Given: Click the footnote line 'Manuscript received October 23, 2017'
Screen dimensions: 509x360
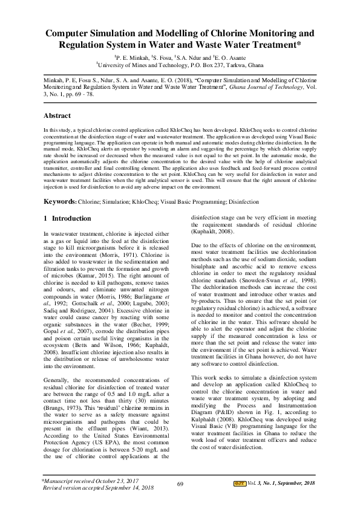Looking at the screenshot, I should (x=87, y=480).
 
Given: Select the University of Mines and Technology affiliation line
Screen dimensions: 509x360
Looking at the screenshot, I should (x=180, y=63).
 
